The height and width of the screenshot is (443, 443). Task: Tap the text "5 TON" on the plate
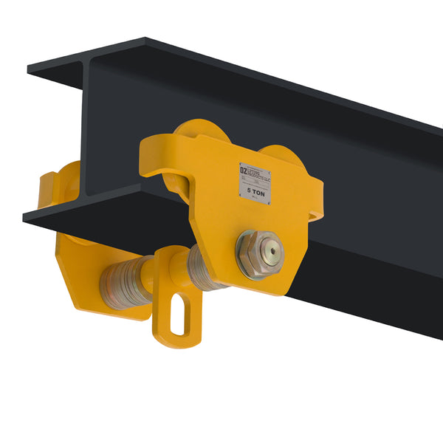(x=255, y=189)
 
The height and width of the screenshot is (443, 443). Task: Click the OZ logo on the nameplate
(x=245, y=169)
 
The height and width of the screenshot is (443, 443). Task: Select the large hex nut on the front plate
(x=258, y=253)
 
